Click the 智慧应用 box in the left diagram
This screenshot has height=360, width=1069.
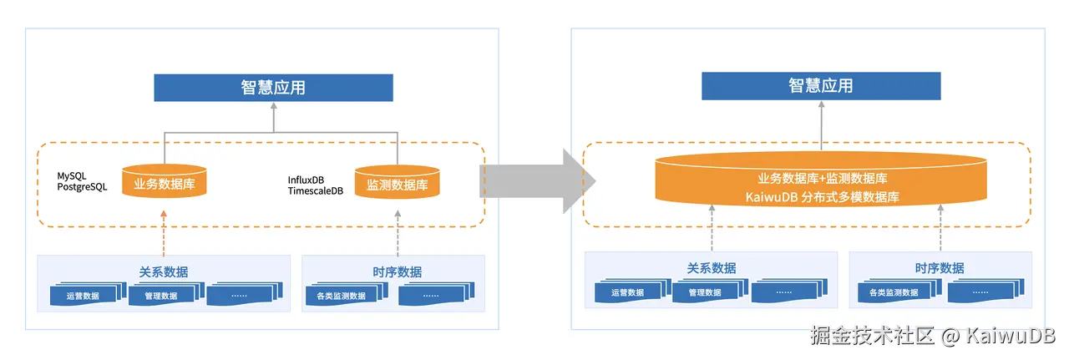(273, 87)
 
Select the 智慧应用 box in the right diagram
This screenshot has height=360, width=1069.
(820, 85)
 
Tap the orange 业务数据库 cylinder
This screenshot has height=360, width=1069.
(164, 182)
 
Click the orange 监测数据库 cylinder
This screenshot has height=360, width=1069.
(397, 182)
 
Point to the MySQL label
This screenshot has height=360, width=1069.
(72, 176)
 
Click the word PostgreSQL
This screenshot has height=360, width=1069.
(82, 187)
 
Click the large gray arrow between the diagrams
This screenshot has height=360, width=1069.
(534, 180)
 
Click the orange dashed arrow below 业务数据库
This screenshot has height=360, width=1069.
(164, 234)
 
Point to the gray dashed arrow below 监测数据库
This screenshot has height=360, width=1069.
(397, 234)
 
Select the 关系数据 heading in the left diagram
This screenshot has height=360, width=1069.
(164, 271)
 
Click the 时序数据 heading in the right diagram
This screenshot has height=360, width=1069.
(940, 268)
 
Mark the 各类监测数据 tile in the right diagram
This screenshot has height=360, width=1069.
(893, 292)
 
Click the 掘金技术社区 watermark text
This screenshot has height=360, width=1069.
(873, 337)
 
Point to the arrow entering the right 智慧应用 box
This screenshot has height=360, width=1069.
(820, 125)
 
